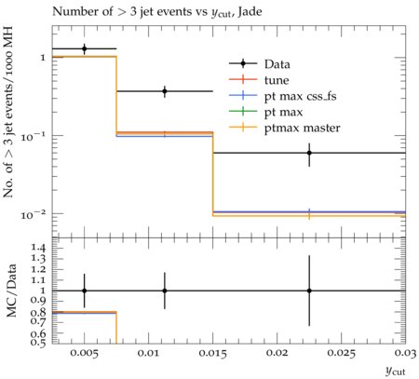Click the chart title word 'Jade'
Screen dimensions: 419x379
click(x=250, y=12)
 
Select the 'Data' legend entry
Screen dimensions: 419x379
click(x=277, y=64)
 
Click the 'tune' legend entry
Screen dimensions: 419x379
click(x=277, y=80)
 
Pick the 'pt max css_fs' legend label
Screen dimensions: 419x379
click(x=300, y=96)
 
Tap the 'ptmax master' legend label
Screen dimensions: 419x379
click(x=302, y=129)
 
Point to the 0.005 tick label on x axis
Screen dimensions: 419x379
click(x=84, y=353)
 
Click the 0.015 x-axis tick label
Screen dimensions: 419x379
click(x=212, y=353)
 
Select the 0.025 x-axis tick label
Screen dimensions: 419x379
click(x=342, y=353)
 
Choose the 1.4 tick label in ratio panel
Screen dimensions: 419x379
click(x=38, y=248)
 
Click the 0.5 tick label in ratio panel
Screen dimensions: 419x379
click(x=38, y=342)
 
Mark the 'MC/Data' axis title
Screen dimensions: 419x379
click(x=11, y=291)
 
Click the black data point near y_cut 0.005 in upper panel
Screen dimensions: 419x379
click(x=84, y=48)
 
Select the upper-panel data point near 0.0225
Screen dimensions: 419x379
click(x=309, y=153)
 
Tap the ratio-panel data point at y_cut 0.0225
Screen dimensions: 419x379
click(x=309, y=291)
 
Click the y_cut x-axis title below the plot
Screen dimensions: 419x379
click(x=395, y=371)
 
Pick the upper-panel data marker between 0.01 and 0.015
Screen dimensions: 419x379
click(x=165, y=91)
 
